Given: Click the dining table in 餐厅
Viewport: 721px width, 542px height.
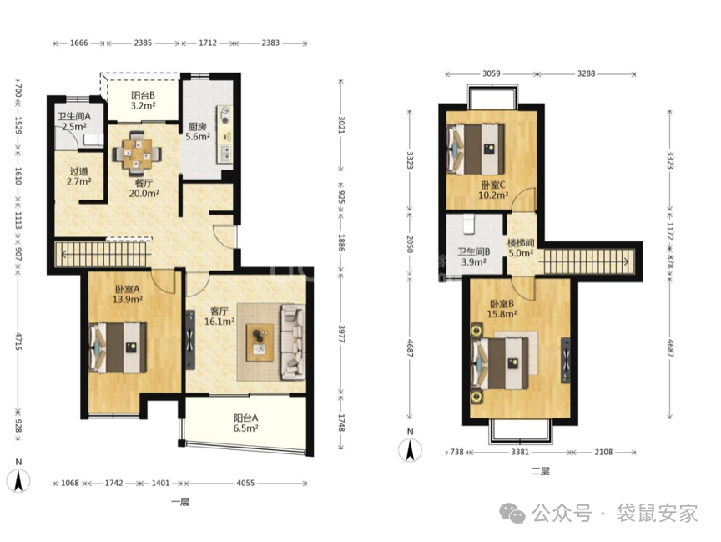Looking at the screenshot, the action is (137, 151).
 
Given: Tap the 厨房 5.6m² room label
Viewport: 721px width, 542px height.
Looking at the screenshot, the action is (198, 132).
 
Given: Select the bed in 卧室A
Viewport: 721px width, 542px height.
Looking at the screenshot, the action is (118, 347).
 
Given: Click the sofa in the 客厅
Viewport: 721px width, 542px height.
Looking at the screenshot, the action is (293, 342).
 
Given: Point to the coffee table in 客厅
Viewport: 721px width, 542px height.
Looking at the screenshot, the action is (260, 342).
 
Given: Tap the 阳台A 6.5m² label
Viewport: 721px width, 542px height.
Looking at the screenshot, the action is (245, 423).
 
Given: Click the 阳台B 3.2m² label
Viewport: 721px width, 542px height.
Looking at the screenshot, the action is (143, 100).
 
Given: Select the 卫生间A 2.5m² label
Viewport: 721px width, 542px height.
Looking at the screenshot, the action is (74, 121).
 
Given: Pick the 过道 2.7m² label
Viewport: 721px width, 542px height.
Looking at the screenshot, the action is (78, 176).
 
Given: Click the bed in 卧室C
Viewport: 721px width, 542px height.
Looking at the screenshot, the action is (476, 149).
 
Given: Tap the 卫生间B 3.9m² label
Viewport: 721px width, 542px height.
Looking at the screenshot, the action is (474, 257).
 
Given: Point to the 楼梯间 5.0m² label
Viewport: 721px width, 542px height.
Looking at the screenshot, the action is (521, 247).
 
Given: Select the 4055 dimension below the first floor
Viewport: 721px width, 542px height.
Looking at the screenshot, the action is (245, 483).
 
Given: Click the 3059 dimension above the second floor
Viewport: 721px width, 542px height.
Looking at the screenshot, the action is (491, 73).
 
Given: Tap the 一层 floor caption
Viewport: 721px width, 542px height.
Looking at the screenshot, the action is (179, 502).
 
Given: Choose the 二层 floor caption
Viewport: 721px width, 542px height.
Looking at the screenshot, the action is (540, 471).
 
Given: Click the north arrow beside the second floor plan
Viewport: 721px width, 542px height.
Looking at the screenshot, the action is (411, 449).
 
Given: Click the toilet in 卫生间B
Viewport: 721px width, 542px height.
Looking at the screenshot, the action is (468, 223).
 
